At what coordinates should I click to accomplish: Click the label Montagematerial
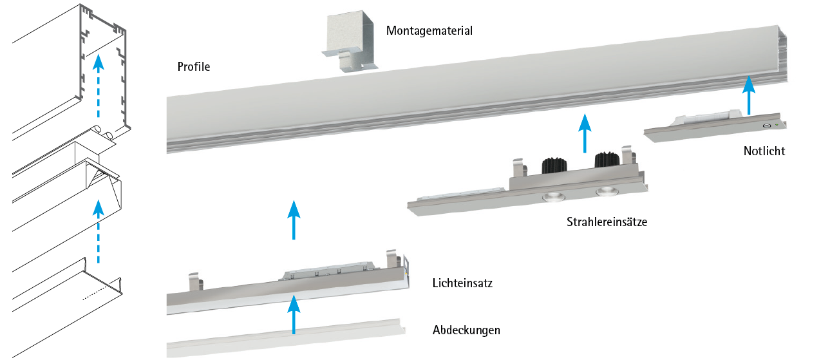pos(429,31)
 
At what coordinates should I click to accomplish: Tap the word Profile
pos(194,67)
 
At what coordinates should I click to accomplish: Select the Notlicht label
pos(764,151)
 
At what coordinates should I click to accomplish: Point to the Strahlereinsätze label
pos(607,222)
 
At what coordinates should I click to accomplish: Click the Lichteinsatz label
pos(462,283)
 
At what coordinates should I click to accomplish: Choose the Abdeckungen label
pos(466,330)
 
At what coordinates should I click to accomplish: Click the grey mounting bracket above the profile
pos(350,41)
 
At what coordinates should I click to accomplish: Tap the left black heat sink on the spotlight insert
pos(554,166)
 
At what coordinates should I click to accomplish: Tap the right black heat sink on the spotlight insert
pos(607,160)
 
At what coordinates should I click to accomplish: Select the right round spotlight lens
pos(607,191)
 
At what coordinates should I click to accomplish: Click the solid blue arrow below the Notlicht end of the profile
pos(749,95)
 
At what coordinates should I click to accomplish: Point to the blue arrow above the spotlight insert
pos(585,133)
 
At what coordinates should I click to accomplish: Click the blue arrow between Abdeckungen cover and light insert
pos(294,314)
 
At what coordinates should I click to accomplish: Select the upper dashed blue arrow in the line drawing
pos(98,86)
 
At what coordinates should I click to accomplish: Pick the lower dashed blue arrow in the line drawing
pos(98,231)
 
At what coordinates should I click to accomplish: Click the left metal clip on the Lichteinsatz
pos(196,281)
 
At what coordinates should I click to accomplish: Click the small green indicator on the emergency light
pos(777,124)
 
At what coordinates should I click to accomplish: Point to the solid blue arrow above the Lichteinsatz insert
pos(294,220)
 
